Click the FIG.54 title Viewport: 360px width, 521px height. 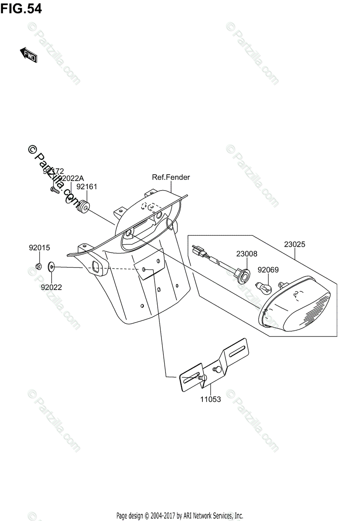click(21, 8)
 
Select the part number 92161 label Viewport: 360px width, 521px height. click(86, 187)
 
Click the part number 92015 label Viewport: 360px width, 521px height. click(40, 248)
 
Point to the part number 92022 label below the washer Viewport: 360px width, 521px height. click(52, 287)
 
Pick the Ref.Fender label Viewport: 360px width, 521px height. click(171, 177)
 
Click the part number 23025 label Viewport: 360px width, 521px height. click(294, 244)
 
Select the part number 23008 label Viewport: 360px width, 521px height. click(247, 253)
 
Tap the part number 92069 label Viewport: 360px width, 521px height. click(268, 270)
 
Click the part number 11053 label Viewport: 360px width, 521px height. click(210, 399)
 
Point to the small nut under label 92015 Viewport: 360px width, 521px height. click(38, 266)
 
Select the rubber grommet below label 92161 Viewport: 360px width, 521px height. click(83, 206)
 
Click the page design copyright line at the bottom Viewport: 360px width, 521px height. click(179, 516)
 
